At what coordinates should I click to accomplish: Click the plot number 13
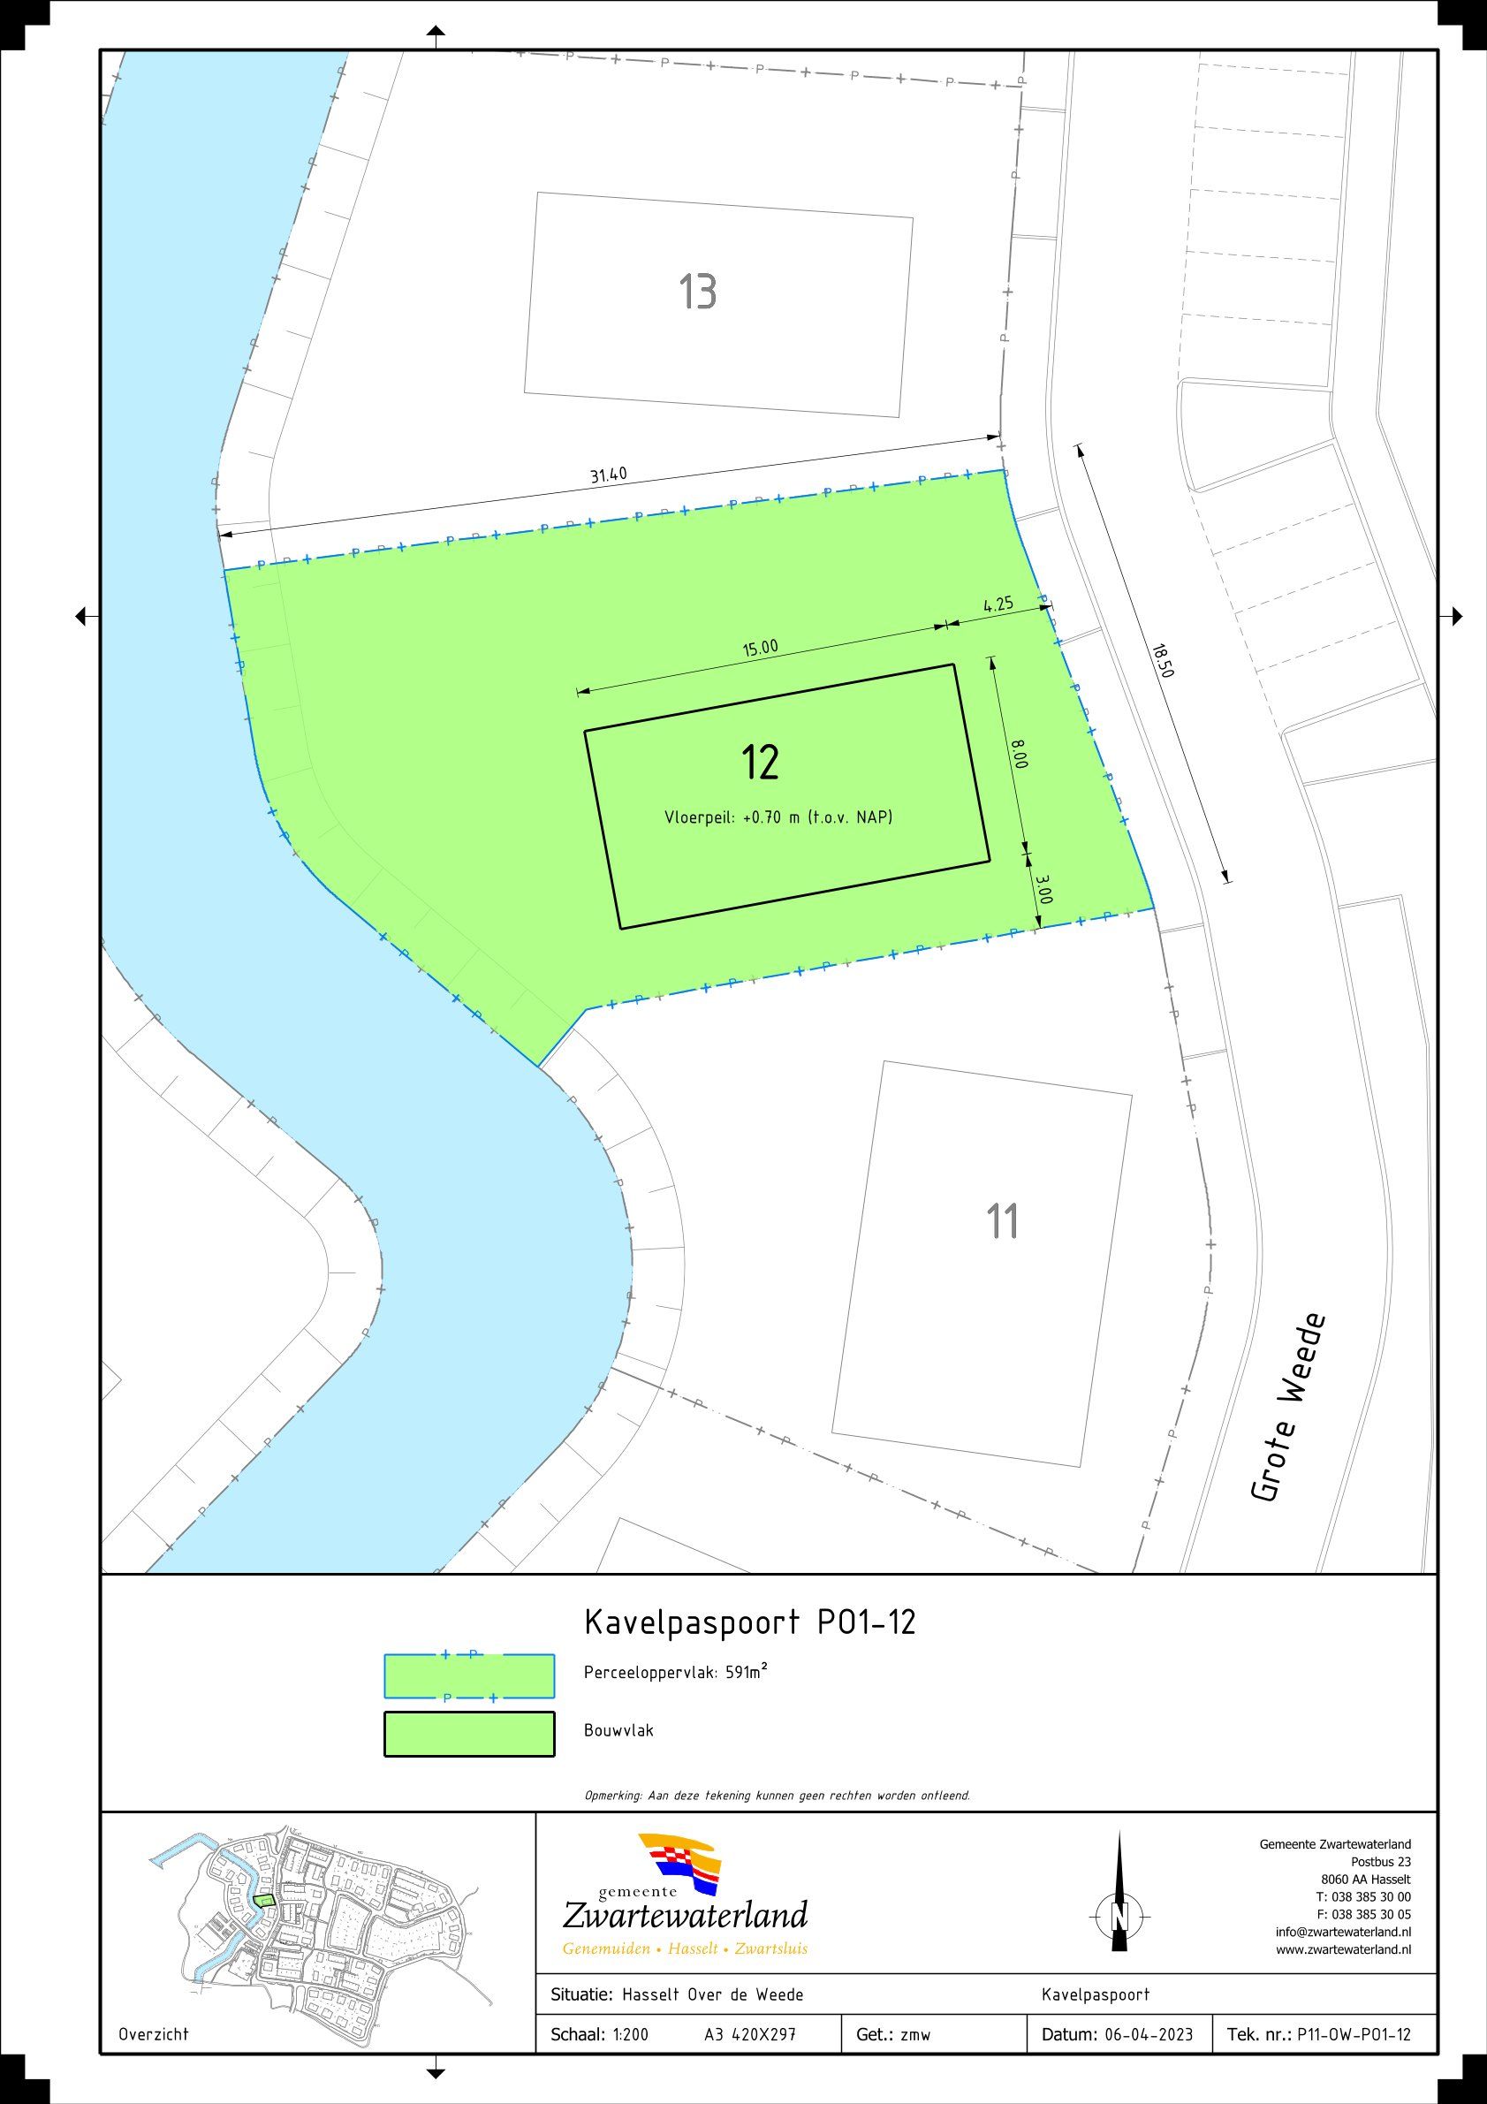click(x=697, y=292)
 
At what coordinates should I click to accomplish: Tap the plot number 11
click(x=1002, y=1221)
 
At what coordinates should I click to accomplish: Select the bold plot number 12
click(x=761, y=763)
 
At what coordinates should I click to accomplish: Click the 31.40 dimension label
click(x=608, y=476)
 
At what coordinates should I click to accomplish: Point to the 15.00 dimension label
click(x=760, y=648)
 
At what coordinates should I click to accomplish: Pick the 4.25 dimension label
click(x=998, y=604)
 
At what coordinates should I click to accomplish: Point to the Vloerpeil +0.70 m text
click(x=778, y=817)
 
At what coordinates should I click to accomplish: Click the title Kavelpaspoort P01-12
click(x=749, y=1623)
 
